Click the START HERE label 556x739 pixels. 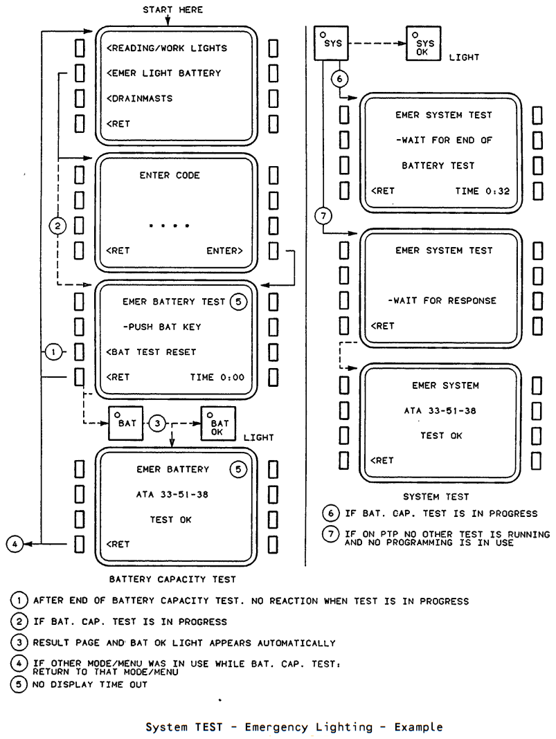tap(172, 10)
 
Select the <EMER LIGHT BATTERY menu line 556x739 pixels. tap(163, 73)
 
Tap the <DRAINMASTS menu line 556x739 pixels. tap(140, 98)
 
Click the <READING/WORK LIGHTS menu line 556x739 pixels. tap(166, 48)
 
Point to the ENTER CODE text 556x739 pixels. tap(170, 175)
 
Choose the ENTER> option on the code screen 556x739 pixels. tap(224, 250)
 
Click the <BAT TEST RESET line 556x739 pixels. tap(151, 352)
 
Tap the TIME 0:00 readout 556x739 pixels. tap(217, 377)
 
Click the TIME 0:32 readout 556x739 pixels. tap(483, 191)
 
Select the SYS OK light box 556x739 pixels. tap(424, 44)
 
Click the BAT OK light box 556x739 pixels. tap(218, 423)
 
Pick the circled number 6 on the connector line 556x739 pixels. tap(339, 79)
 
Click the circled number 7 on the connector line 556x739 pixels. tap(323, 216)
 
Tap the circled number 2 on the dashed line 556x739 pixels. tap(57, 226)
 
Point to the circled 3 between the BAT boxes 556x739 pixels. tap(157, 423)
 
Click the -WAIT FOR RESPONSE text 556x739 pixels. tap(442, 301)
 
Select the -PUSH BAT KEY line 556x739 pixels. tap(162, 327)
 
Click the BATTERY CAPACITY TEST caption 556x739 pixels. tap(172, 579)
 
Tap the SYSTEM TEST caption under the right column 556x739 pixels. tap(436, 497)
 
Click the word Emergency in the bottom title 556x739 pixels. tap(308, 727)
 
